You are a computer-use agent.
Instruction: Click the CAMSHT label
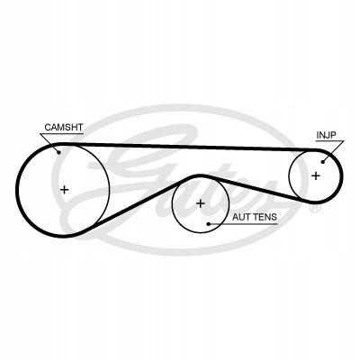click(x=63, y=127)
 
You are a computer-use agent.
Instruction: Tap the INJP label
click(x=326, y=135)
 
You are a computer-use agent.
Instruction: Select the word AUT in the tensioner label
click(x=241, y=217)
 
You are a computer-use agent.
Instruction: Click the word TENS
click(x=265, y=217)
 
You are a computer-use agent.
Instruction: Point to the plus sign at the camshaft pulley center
click(x=65, y=190)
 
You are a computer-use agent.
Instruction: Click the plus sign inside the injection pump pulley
click(x=316, y=175)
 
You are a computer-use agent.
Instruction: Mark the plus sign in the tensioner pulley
click(x=201, y=203)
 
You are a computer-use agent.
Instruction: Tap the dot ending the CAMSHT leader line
click(x=58, y=152)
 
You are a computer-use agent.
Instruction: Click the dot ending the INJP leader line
click(x=323, y=162)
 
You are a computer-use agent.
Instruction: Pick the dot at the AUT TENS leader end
click(x=209, y=224)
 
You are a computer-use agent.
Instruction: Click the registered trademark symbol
click(x=315, y=208)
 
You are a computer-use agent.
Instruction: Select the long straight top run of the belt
click(x=191, y=146)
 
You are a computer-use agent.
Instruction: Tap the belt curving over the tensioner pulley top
click(x=201, y=176)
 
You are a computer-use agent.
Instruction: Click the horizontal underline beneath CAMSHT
click(x=62, y=133)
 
